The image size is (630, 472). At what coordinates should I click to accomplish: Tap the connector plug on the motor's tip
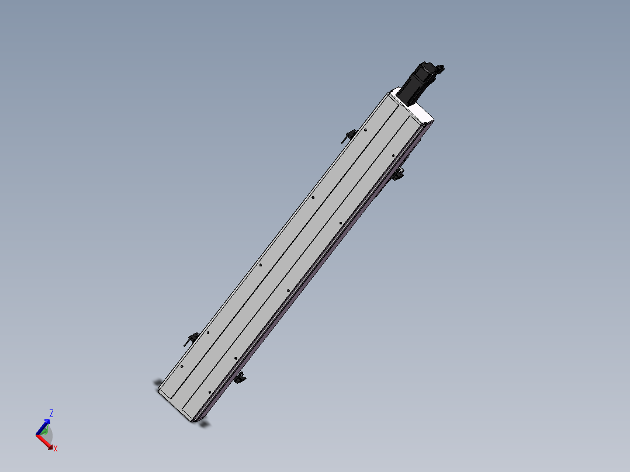(440, 69)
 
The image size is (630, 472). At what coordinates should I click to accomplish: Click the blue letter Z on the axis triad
(51, 413)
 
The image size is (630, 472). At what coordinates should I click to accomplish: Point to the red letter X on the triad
(56, 449)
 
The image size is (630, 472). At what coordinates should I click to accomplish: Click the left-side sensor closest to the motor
(348, 136)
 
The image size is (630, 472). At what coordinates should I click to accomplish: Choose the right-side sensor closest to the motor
(400, 173)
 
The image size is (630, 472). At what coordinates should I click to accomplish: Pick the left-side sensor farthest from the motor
(191, 338)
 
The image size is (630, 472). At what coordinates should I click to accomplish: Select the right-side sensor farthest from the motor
(240, 378)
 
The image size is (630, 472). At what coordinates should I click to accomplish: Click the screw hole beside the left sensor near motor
(365, 130)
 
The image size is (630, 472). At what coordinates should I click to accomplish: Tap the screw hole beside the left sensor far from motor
(208, 333)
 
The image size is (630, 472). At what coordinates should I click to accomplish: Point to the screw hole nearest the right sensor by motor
(393, 155)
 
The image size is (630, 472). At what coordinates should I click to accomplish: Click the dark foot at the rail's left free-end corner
(158, 383)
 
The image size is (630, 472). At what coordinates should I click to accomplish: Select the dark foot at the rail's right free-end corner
(203, 424)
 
